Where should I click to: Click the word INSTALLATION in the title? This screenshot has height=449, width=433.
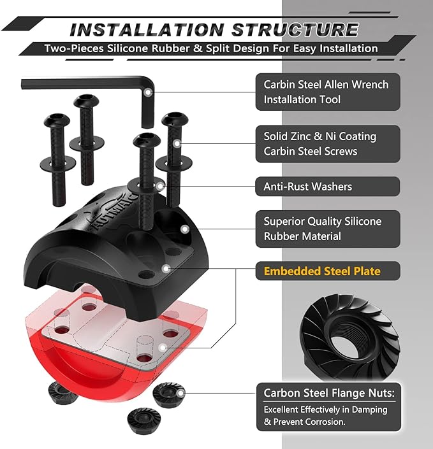147,30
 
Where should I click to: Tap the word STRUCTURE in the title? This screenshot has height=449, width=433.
295,29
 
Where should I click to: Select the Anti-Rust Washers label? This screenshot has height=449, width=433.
307,187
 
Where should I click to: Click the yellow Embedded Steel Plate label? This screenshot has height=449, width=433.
322,271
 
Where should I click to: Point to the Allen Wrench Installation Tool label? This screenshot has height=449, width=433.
326,92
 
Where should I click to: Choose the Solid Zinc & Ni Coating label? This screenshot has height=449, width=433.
319,144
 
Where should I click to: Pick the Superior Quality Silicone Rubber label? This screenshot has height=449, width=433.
322,229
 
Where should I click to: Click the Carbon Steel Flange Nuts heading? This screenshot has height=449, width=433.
329,393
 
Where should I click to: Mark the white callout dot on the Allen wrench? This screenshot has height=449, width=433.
148,92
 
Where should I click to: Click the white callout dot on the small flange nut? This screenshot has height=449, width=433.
180,394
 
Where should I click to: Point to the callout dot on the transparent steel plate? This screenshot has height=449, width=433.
163,348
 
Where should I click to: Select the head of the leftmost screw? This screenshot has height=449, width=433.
57,120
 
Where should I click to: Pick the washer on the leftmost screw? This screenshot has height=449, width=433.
58,164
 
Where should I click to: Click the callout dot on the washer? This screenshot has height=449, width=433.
160,187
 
